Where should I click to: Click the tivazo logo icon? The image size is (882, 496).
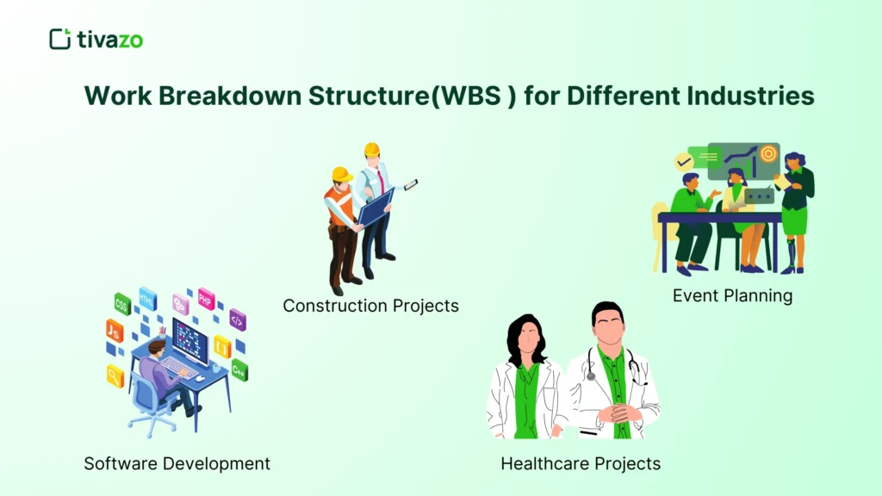click(59, 39)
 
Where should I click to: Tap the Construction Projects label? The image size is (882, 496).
click(370, 306)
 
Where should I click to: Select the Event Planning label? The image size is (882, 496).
click(732, 296)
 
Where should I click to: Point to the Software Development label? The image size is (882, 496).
click(177, 463)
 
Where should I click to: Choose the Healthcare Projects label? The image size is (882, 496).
click(581, 463)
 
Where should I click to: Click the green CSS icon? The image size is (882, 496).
click(122, 303)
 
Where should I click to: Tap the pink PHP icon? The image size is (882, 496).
click(206, 299)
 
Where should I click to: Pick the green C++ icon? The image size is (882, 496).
click(239, 371)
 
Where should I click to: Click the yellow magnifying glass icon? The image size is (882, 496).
click(115, 375)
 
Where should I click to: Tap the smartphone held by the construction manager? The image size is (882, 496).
click(411, 184)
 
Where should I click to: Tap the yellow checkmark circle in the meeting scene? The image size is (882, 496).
click(684, 161)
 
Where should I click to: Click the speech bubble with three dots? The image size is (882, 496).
click(758, 196)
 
